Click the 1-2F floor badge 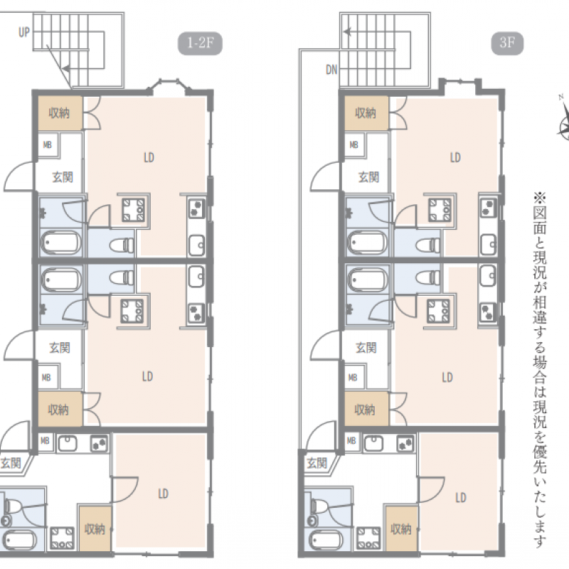point(200,43)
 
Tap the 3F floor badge point(507,43)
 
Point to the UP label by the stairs point(24,32)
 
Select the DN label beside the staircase point(331,69)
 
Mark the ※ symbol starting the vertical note point(540,198)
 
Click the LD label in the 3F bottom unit point(460,497)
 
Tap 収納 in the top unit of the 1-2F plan point(59,113)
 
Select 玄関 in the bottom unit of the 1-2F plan point(11,464)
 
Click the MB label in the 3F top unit point(353,145)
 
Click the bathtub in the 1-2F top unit point(61,243)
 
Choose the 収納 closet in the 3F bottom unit point(401,529)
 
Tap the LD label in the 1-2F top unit point(149,157)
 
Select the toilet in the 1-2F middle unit point(122,278)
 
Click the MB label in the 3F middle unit point(353,378)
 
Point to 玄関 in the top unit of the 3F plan point(368,177)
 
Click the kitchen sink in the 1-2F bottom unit point(68,442)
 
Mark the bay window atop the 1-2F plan point(168,86)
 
